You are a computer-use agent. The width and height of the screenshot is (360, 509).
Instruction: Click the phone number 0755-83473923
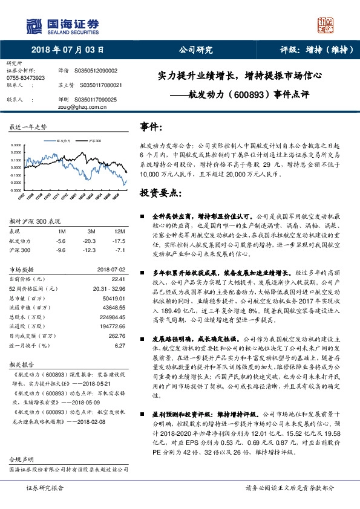(x=25, y=78)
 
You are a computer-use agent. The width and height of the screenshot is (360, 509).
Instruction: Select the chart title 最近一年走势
(x=28, y=127)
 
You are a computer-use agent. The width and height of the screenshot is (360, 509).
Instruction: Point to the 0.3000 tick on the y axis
(x=18, y=145)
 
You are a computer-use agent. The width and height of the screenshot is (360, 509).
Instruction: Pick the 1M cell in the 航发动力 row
(x=61, y=240)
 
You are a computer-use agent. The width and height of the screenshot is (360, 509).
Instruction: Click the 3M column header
(x=91, y=232)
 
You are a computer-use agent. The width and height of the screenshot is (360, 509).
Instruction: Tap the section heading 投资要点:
(x=160, y=193)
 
